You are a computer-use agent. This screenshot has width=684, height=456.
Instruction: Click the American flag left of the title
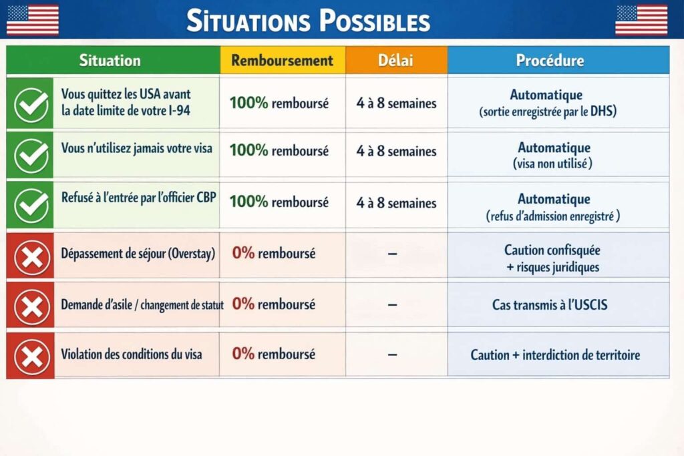[33, 19]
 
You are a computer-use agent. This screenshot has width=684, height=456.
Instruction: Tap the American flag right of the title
[641, 19]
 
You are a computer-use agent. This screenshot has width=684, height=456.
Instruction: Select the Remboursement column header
[282, 60]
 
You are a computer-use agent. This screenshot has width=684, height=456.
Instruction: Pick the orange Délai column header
[396, 60]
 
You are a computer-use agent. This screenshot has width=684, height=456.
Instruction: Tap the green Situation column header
[110, 60]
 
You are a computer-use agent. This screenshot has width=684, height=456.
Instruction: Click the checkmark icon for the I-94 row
[31, 103]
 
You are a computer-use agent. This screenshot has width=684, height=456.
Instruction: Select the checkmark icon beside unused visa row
[31, 154]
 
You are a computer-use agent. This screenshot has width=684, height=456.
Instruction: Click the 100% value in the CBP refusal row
[248, 202]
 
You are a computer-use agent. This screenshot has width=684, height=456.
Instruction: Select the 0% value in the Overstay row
[243, 253]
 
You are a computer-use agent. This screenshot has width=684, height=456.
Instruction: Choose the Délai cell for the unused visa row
[396, 151]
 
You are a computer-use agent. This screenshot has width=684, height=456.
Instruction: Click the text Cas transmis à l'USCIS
[550, 305]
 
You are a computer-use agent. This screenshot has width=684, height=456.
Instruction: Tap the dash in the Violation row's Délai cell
[393, 354]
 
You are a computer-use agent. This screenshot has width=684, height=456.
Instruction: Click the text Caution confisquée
[552, 250]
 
